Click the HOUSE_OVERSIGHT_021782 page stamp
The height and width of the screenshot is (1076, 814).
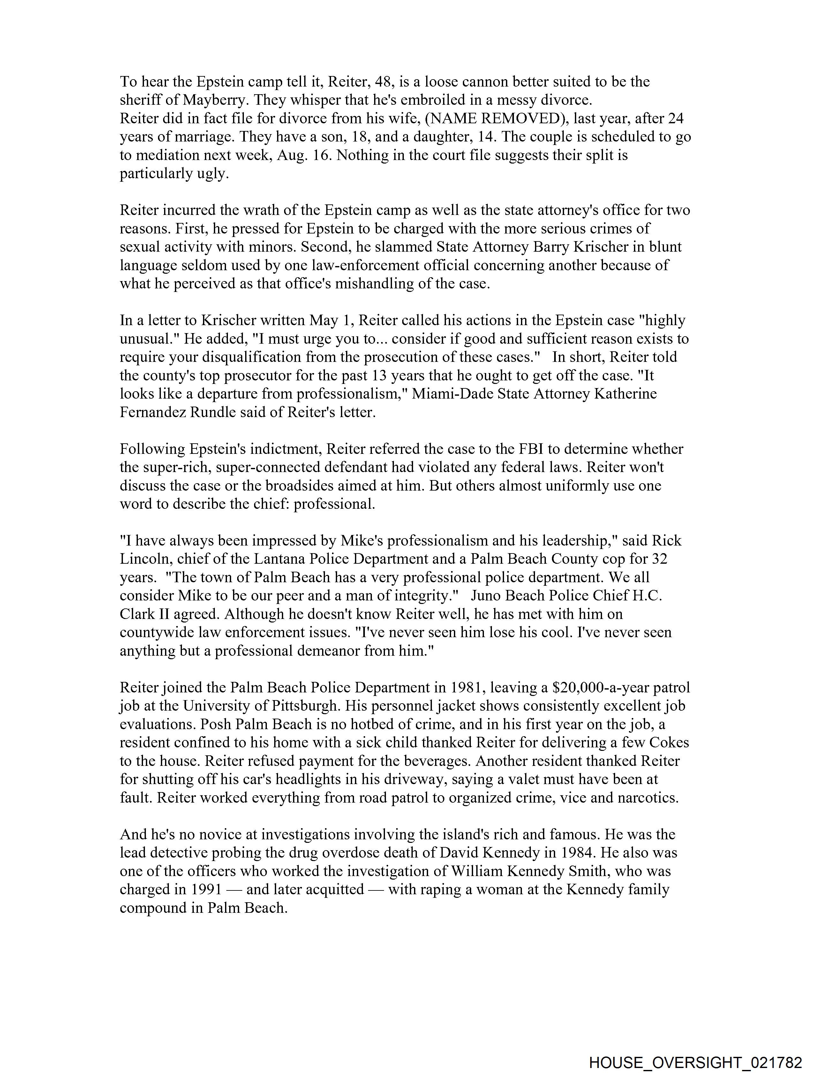(695, 1062)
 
